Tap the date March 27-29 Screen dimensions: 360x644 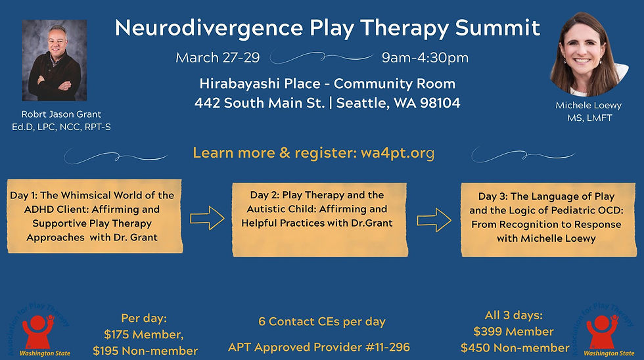point(218,58)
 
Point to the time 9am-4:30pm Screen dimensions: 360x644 point(425,58)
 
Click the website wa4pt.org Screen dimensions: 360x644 point(398,153)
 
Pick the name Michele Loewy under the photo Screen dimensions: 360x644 point(588,106)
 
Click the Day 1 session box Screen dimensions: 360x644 point(92,216)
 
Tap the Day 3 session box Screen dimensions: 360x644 point(546,217)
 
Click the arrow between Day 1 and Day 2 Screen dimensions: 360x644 point(207,219)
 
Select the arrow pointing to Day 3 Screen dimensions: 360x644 point(434,219)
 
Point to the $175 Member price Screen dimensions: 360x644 point(145,334)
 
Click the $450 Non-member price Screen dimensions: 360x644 point(515,348)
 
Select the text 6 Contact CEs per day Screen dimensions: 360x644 point(322,322)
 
